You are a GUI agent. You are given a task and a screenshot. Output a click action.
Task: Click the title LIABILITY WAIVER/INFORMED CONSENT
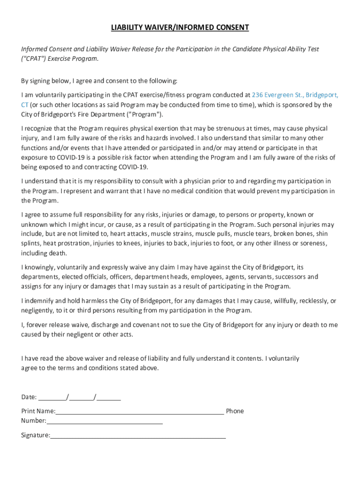point(180,28)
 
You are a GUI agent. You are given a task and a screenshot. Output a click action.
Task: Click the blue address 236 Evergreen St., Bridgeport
point(295,95)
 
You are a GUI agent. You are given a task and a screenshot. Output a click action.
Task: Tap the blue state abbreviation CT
point(25,105)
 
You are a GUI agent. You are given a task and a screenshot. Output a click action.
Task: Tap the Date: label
point(29,397)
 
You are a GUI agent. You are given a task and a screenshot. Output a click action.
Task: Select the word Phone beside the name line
point(235,411)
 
